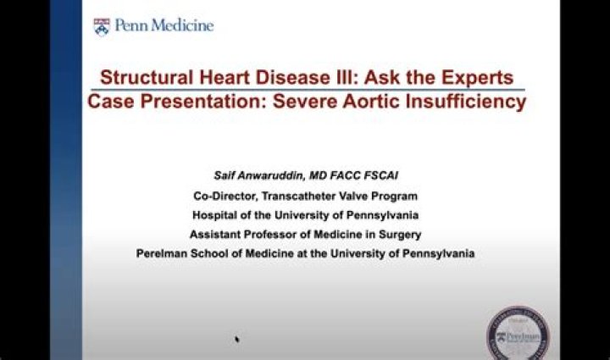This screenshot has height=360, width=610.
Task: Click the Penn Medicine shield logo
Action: (103, 26)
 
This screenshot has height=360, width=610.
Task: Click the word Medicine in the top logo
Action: (181, 25)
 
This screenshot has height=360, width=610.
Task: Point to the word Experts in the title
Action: (475, 78)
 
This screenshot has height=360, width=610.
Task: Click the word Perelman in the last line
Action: (161, 253)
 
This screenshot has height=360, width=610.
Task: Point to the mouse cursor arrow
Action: (237, 339)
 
